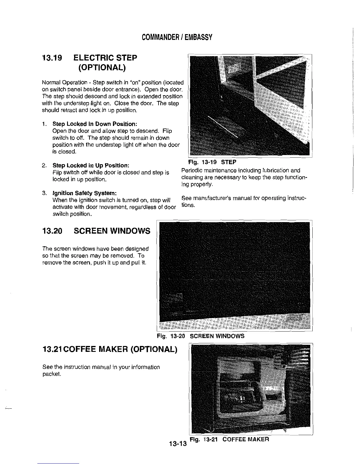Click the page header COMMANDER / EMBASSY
177,37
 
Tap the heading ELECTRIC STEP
105,58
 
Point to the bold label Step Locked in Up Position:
91,165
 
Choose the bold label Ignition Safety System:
85,193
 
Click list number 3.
44,193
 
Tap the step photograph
250,106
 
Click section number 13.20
52,231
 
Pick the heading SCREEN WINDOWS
112,231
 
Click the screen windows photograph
234,275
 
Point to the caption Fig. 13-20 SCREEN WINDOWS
201,336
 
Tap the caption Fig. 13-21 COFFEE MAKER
229,440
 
